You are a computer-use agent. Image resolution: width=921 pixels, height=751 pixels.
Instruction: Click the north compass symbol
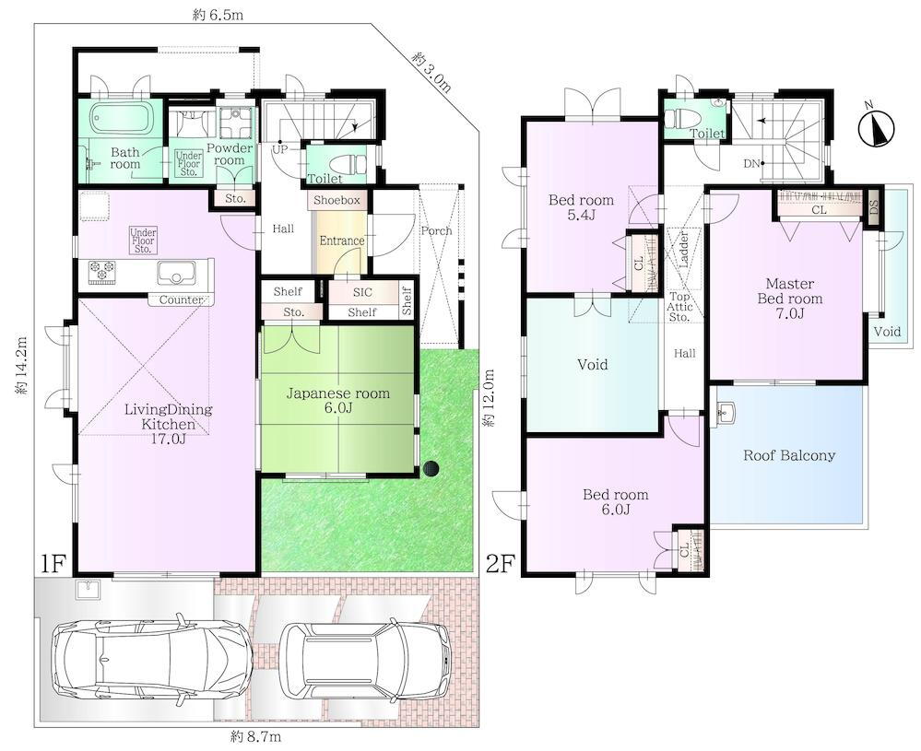pos(876,128)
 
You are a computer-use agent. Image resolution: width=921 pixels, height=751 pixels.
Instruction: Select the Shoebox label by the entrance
pos(337,200)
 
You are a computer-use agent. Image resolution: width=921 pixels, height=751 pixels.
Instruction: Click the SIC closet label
pos(362,292)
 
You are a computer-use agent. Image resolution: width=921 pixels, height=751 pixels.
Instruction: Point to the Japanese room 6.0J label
pos(337,400)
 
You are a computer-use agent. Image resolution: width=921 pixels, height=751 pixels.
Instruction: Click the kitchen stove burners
pos(101,272)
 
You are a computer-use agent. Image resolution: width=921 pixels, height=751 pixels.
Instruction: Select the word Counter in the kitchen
pos(182,300)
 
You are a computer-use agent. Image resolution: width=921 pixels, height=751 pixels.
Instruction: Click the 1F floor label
pos(51,564)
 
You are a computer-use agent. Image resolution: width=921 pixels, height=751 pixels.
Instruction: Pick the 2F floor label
pos(501,564)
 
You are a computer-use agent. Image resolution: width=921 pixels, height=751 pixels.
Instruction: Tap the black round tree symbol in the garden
pos(431,468)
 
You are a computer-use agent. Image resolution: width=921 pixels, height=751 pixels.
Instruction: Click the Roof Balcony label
pos(789,455)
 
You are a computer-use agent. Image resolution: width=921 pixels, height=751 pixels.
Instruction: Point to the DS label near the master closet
pos(873,207)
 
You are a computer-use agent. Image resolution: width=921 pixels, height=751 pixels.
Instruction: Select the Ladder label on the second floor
pos(683,250)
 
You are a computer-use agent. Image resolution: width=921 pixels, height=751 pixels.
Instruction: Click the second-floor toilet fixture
pos(685,117)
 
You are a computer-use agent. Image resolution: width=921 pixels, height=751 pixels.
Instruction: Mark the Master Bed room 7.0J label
pos(789,299)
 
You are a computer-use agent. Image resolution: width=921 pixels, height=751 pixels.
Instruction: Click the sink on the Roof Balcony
pos(726,413)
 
